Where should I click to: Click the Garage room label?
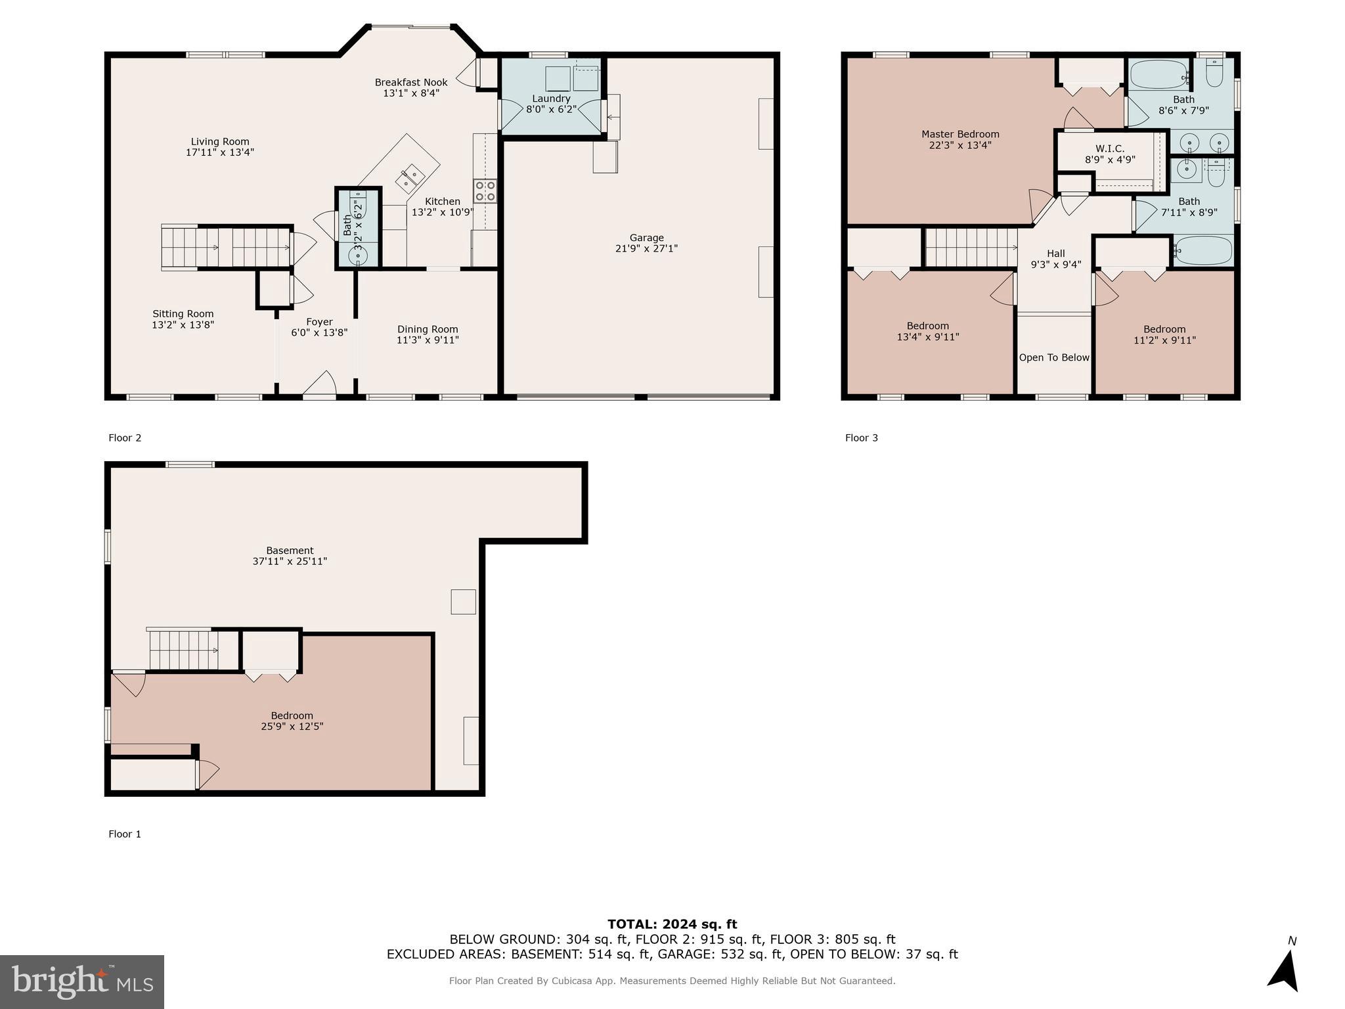[646, 238]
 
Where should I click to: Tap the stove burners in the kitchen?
[485, 191]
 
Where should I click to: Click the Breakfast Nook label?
[411, 82]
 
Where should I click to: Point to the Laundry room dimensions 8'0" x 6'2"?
[551, 110]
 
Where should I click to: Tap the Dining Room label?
[428, 329]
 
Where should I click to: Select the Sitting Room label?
[183, 314]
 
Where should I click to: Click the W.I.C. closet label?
[1109, 148]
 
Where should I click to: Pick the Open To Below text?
[1054, 357]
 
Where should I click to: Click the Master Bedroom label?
[960, 134]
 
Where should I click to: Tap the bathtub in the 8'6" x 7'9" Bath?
[1160, 75]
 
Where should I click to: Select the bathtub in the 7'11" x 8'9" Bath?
[1203, 250]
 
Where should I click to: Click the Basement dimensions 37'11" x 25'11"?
[290, 562]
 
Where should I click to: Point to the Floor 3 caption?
[861, 437]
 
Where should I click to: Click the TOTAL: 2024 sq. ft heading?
[672, 924]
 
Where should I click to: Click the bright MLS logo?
[82, 981]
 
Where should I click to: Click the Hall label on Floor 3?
[1055, 254]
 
